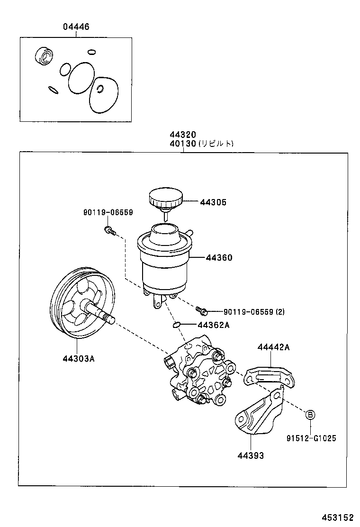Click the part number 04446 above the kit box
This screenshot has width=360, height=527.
[x=76, y=27]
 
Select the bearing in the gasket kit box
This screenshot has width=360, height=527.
[x=44, y=56]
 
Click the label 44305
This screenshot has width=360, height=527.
[x=213, y=202]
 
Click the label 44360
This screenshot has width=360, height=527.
[x=219, y=258]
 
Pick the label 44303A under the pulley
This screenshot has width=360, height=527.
[x=79, y=358]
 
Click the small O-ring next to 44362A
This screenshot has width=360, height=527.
[x=175, y=325]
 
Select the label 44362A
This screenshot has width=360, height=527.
[x=213, y=325]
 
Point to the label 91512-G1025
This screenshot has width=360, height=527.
[x=311, y=438]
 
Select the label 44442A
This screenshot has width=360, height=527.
[x=273, y=347]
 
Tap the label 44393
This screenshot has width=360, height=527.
[x=251, y=456]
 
